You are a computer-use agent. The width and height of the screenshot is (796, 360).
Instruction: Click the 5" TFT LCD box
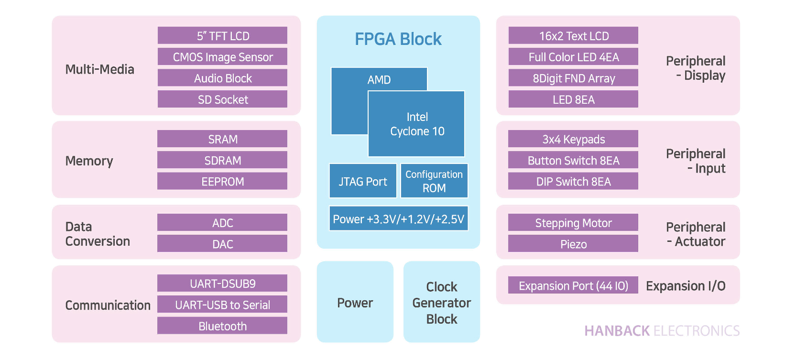point(222,36)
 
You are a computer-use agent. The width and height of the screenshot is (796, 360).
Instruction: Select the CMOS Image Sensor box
point(222,57)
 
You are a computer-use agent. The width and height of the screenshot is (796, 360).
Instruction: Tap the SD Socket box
point(222,99)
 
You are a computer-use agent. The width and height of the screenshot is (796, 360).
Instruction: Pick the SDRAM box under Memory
point(222,161)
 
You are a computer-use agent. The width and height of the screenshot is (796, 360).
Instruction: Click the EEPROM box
point(222,182)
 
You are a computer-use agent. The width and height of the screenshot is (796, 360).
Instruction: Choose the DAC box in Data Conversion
point(222,244)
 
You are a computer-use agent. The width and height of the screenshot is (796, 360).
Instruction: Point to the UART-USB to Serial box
point(222,305)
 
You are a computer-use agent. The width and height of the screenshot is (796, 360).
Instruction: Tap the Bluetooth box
point(222,326)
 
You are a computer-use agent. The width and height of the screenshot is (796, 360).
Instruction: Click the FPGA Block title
point(398,39)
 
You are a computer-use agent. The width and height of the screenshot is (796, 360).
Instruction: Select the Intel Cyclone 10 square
point(416,124)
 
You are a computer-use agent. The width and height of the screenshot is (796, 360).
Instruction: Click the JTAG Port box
point(363,181)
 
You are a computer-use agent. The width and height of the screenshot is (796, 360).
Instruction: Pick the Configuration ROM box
point(434,181)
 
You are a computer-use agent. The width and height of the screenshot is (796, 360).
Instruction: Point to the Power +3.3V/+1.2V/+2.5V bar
point(398,219)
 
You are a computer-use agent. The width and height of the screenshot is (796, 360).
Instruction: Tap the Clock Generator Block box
point(441,302)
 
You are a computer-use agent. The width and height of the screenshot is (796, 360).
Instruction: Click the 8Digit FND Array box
point(573,78)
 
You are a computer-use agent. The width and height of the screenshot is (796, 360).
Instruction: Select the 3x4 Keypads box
point(573,139)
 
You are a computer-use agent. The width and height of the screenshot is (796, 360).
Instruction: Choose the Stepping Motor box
point(573,223)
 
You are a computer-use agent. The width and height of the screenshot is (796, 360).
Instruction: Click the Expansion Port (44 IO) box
point(573,285)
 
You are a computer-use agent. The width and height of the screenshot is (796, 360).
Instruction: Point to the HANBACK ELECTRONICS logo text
point(662,331)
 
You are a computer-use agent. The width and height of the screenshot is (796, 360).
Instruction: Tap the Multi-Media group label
point(99,69)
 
